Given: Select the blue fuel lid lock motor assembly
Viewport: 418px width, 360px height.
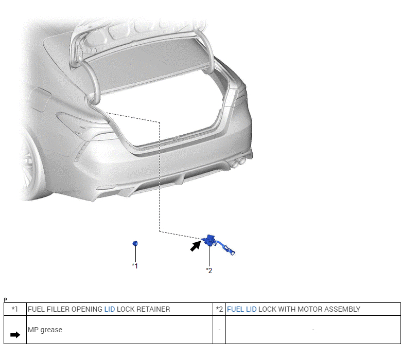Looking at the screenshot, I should point(210,240).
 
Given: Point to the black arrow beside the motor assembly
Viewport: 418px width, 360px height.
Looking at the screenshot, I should point(195,246).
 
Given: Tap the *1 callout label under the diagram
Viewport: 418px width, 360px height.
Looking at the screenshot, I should point(135,266).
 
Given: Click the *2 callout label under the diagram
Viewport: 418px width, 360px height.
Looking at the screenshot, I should point(209,271).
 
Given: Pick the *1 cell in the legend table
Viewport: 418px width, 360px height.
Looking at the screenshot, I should point(15,309).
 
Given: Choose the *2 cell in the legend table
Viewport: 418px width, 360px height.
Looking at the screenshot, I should point(219,309).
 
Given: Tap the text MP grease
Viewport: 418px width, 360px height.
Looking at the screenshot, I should point(45,330).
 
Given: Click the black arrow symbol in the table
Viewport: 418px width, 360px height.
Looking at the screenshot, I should point(15,335).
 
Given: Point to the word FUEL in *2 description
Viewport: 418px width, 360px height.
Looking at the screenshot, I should point(235,309).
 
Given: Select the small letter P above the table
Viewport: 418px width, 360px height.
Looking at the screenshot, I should point(5,299).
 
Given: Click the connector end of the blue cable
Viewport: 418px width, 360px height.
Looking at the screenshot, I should point(233,253).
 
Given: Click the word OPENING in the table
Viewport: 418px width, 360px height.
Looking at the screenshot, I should point(86,309).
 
